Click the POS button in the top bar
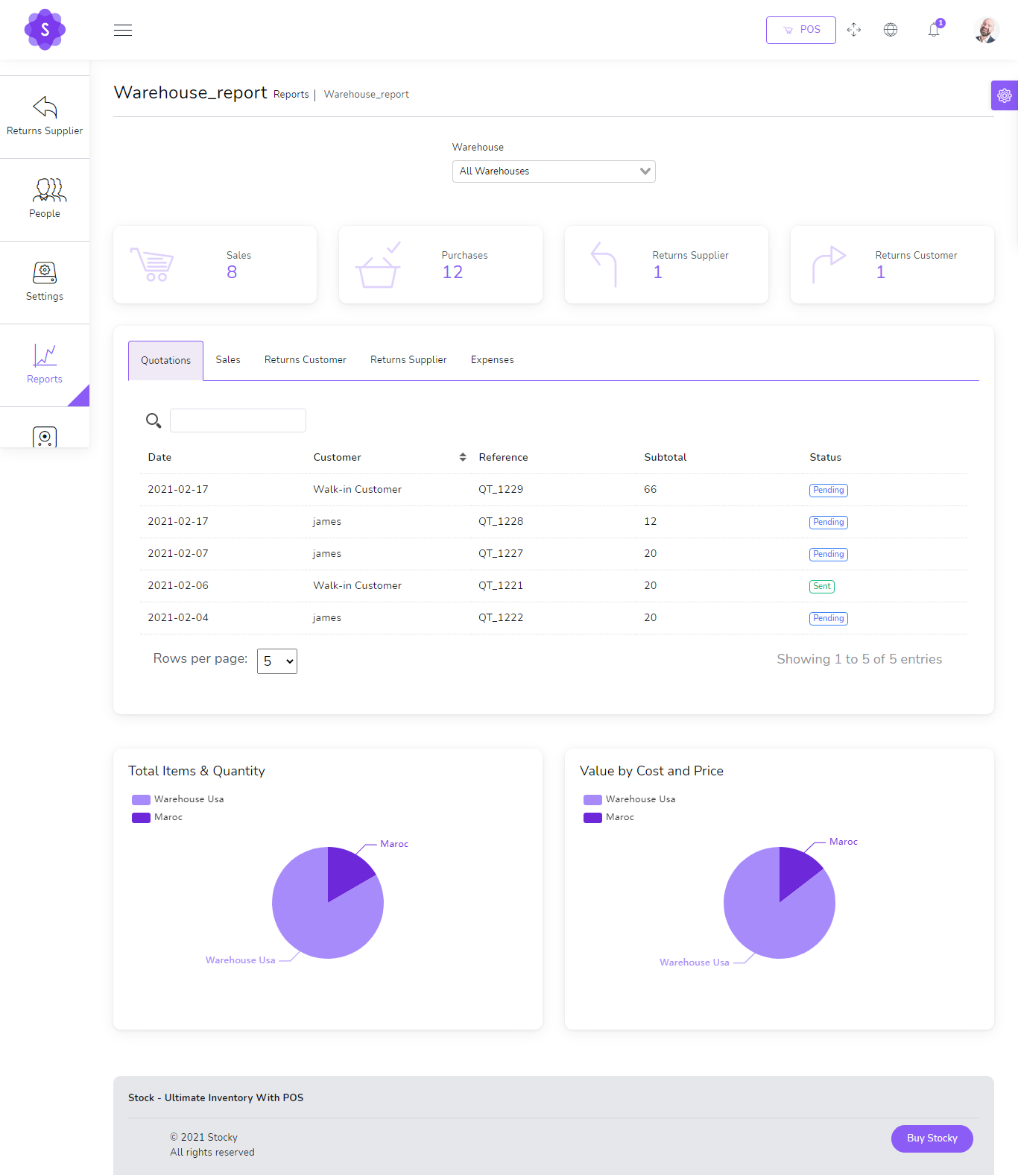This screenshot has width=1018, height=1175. [x=800, y=30]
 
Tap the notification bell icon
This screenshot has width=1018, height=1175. [x=934, y=30]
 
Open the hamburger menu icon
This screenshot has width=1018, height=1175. [x=123, y=30]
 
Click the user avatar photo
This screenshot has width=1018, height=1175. [x=986, y=31]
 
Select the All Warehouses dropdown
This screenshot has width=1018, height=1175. [x=553, y=171]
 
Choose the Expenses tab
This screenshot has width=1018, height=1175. [x=492, y=360]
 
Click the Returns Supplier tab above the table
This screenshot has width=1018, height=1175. [x=408, y=360]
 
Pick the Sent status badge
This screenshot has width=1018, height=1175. [x=821, y=586]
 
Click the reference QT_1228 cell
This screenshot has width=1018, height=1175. [x=501, y=522]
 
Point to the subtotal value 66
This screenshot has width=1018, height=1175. [x=650, y=490]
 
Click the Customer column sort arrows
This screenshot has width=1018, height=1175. [x=463, y=457]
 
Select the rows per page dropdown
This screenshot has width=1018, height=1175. [x=277, y=661]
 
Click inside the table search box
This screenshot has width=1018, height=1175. [x=238, y=420]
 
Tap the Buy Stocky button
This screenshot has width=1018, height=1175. [x=932, y=1138]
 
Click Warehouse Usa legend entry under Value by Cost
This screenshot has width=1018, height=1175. [x=630, y=799]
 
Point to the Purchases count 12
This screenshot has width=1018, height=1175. [x=452, y=273]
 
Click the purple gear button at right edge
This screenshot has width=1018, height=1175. [x=1005, y=95]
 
